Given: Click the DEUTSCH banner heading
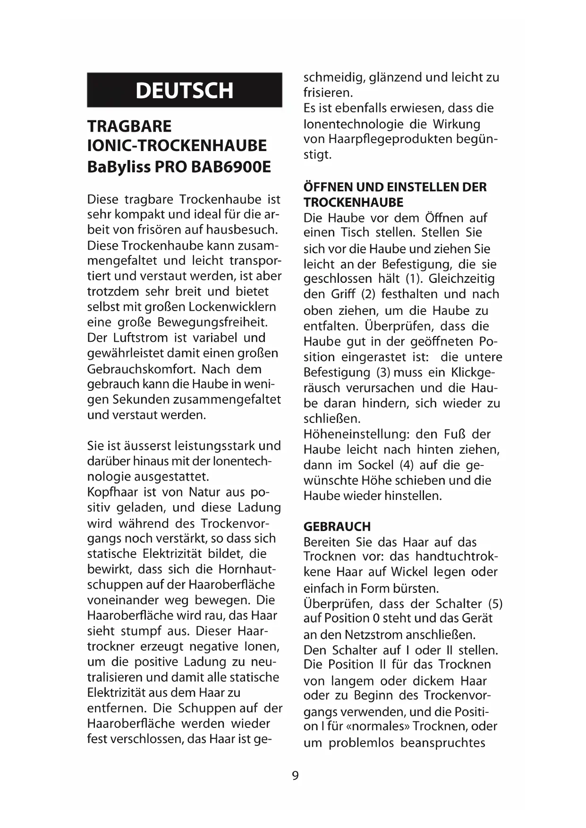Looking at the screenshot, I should (x=184, y=90).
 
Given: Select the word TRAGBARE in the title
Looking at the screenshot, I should (x=129, y=127).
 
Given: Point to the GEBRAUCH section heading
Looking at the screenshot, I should (x=337, y=526).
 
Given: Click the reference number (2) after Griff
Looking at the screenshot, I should (x=368, y=295).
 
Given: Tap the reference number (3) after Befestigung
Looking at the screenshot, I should (x=383, y=372).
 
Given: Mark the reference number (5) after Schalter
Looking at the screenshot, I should (x=495, y=604).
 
